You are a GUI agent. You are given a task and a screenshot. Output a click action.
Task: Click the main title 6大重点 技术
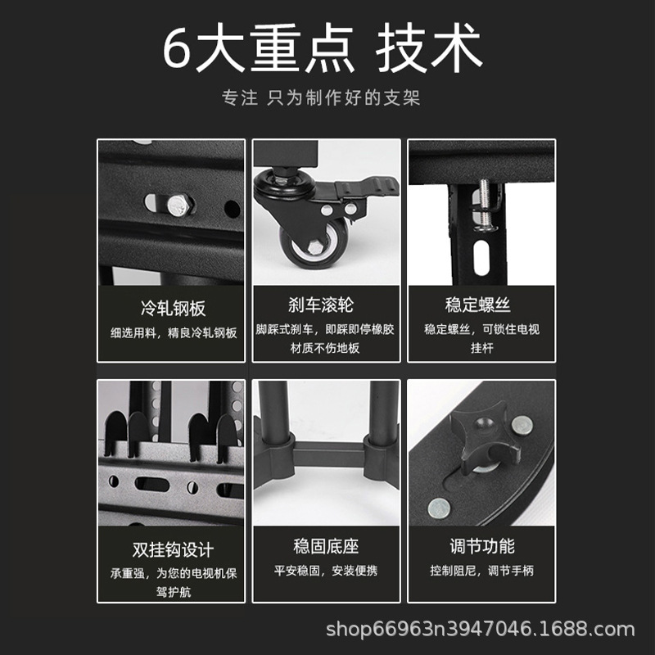[x=322, y=47]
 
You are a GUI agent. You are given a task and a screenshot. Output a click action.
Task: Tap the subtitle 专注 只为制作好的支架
[x=321, y=97]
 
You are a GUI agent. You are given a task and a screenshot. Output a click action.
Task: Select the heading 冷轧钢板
[x=173, y=309]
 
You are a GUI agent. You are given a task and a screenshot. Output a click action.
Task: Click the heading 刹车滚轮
[x=321, y=305]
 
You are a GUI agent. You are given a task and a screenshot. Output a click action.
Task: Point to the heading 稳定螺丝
[x=478, y=305]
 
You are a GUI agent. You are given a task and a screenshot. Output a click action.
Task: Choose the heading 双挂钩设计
[x=173, y=549]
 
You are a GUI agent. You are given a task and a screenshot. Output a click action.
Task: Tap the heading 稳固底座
[x=326, y=546]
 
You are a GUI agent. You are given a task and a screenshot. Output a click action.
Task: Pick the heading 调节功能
[x=482, y=546]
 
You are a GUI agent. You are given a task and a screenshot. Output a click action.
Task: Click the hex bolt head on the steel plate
[x=179, y=205]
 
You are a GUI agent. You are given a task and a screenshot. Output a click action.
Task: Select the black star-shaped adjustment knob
[x=486, y=436]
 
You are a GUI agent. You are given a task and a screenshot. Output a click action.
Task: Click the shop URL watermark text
[x=480, y=629]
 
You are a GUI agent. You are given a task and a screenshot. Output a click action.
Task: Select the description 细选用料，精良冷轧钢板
[x=174, y=333]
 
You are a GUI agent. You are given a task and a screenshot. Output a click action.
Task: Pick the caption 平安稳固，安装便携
[x=326, y=571]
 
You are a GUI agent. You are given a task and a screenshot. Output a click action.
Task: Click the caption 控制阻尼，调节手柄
[x=482, y=571]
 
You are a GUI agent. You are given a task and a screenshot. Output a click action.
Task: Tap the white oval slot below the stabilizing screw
[x=481, y=257]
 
